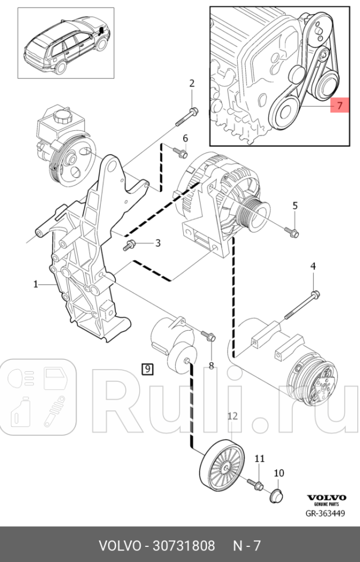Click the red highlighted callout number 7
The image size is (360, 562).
340,106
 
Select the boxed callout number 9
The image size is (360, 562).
147,368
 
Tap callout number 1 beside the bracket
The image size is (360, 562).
35,284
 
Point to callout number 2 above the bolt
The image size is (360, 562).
192,83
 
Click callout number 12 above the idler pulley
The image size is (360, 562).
232,415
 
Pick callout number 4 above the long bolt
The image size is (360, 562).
313,266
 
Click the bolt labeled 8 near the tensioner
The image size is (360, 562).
208,335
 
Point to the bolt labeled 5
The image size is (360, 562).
292,232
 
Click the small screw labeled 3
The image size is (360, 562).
128,246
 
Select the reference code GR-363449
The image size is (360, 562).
326,513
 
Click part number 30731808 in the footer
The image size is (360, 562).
180,546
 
